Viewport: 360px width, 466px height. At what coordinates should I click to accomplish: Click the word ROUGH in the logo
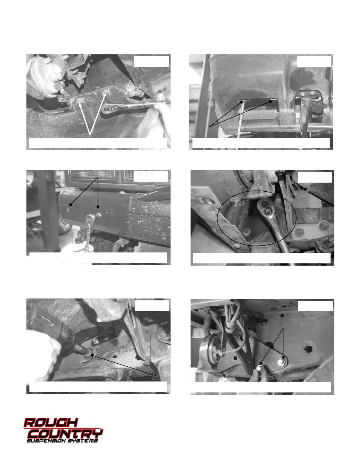pyautogui.click(x=51, y=423)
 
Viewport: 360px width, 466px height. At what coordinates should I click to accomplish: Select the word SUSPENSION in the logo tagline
pyautogui.click(x=46, y=441)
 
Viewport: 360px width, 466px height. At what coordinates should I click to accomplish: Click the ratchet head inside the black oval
pyautogui.click(x=265, y=206)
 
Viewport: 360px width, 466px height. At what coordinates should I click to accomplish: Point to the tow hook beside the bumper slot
pyautogui.click(x=305, y=117)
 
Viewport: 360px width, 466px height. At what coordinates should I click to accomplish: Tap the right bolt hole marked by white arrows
pyautogui.click(x=106, y=93)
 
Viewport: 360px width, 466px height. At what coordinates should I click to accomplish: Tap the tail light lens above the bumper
pyautogui.click(x=92, y=175)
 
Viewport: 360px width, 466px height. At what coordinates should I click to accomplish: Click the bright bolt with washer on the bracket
pyautogui.click(x=281, y=362)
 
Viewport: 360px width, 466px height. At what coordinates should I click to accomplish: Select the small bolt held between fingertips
pyautogui.click(x=258, y=368)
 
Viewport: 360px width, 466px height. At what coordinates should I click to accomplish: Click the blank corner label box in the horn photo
pyautogui.click(x=315, y=306)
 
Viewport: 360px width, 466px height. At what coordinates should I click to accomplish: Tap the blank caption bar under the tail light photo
pyautogui.click(x=98, y=258)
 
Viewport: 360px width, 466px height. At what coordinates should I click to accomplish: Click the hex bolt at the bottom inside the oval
pyautogui.click(x=246, y=231)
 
